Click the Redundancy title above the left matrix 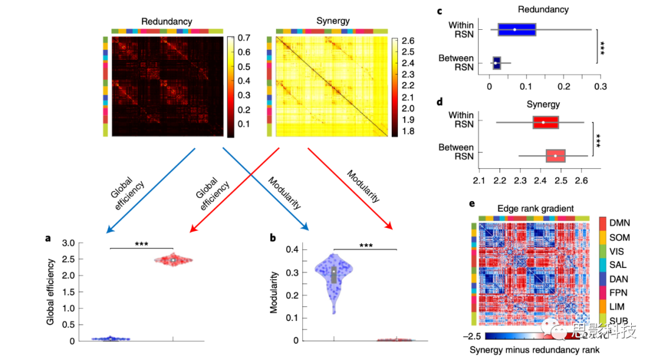pyautogui.click(x=166, y=21)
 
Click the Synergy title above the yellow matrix pyautogui.click(x=333, y=21)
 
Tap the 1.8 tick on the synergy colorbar pyautogui.click(x=409, y=130)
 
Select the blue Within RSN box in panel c pyautogui.click(x=517, y=29)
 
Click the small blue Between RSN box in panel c pyautogui.click(x=497, y=62)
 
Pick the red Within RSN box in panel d pyautogui.click(x=545, y=122)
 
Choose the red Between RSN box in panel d pyautogui.click(x=556, y=155)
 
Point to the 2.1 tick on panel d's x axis pyautogui.click(x=479, y=181)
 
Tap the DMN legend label pyautogui.click(x=620, y=222)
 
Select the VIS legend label pyautogui.click(x=619, y=251)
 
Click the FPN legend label pyautogui.click(x=619, y=292)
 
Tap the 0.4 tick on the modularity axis pyautogui.click(x=291, y=249)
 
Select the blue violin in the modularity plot pyautogui.click(x=333, y=274)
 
